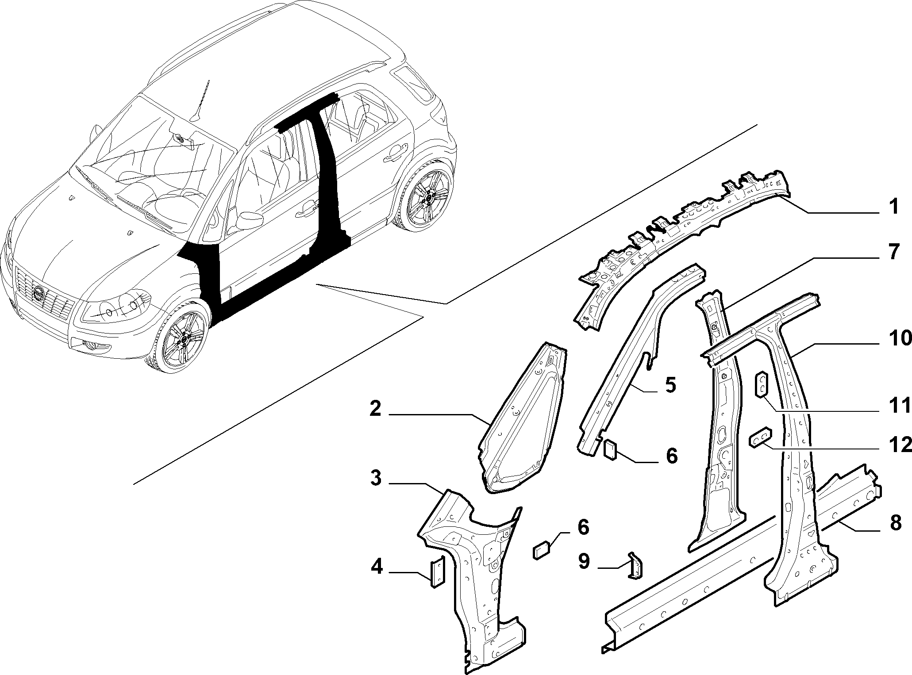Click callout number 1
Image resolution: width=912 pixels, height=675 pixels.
(x=894, y=207)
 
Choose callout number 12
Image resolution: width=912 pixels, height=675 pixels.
(x=900, y=445)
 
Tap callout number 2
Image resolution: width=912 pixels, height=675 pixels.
(x=375, y=409)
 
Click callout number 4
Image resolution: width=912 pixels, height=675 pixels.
(x=377, y=567)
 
